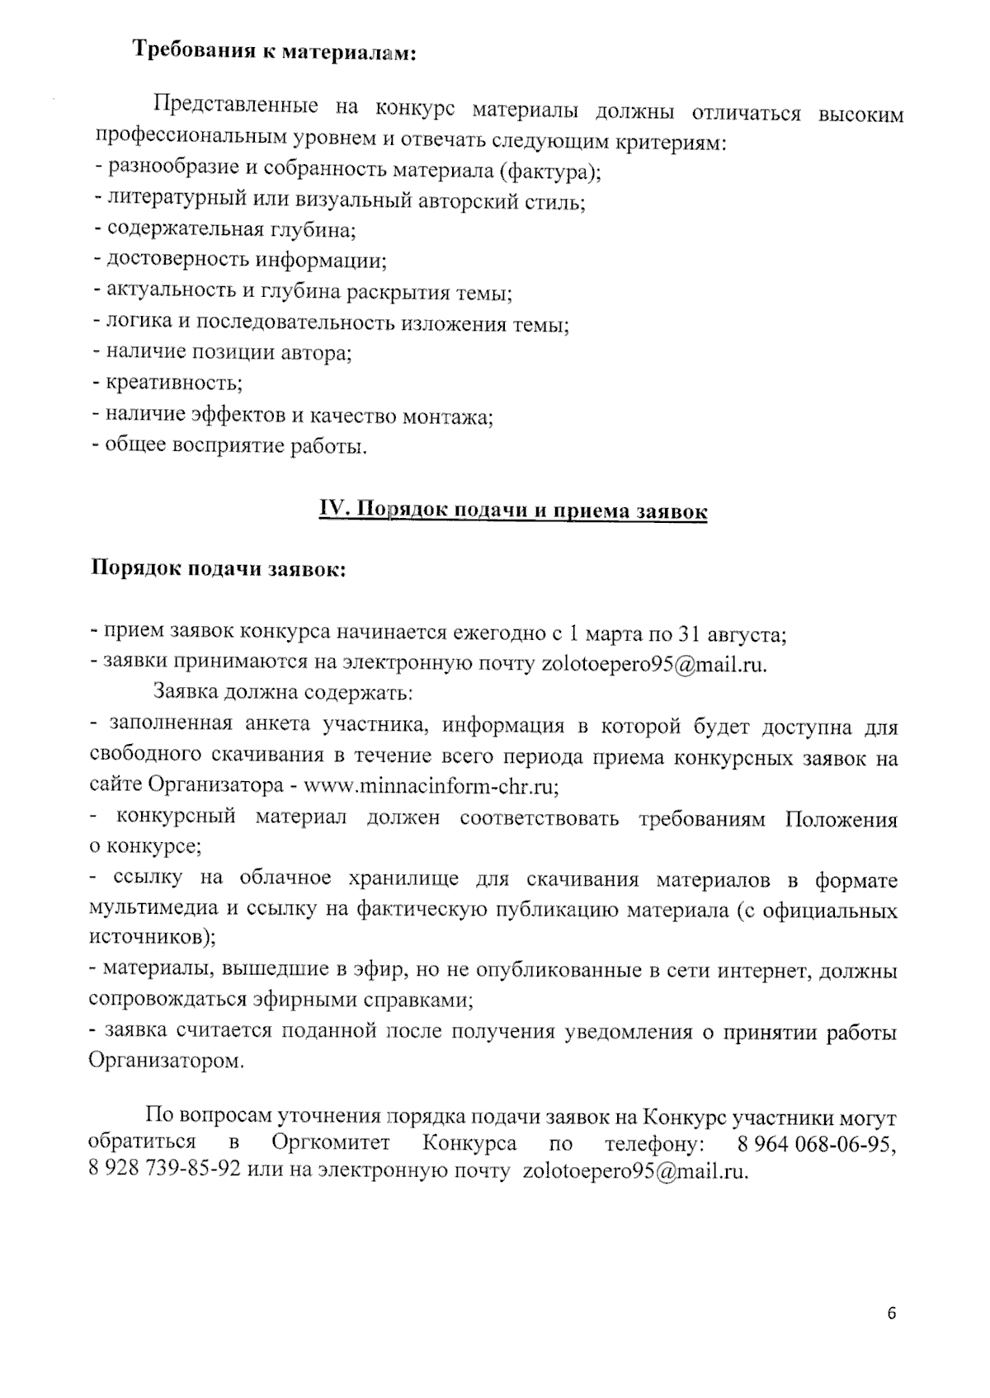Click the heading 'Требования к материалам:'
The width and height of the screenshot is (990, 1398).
tap(275, 52)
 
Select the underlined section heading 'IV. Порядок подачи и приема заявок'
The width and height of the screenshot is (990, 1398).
tap(513, 511)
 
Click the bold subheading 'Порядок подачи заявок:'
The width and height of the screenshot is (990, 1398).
tap(217, 571)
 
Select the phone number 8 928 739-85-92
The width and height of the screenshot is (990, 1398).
tap(164, 1170)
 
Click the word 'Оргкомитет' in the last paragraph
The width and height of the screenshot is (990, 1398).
tap(330, 1144)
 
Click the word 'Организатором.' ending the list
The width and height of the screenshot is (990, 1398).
tap(166, 1061)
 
